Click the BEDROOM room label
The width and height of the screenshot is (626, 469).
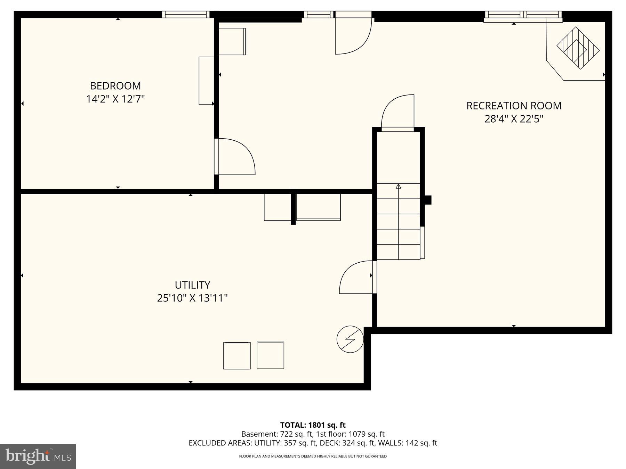coord(115,86)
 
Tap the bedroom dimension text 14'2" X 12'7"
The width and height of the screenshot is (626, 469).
coord(115,99)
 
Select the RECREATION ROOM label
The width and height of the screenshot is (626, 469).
coord(513,106)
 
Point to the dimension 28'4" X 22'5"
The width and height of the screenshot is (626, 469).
coord(513,119)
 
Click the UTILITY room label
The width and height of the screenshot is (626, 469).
coord(192,285)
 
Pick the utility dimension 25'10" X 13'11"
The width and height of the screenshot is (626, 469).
coord(192,298)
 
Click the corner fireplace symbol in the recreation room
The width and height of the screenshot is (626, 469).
coord(578,48)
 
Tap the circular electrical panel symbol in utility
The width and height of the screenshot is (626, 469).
coord(350,339)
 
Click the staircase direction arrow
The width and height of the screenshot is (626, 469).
coord(398,187)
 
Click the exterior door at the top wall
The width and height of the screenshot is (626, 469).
coord(353,35)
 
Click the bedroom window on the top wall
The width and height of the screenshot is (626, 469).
coord(186,15)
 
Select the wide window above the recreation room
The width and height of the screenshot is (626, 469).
coord(523,15)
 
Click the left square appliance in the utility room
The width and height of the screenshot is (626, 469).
coord(236,355)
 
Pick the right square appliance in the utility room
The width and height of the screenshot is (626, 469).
coord(270,355)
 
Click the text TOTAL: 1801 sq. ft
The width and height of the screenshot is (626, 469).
coord(313,425)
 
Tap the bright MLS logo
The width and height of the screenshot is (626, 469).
coord(38,456)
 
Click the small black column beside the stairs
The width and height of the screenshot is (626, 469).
coord(428,200)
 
